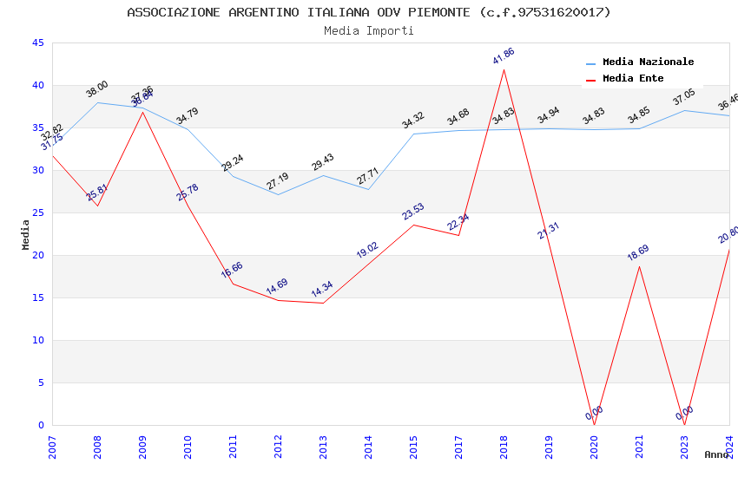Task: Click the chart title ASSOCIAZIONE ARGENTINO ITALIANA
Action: [x=369, y=12]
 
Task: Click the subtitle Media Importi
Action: [x=369, y=30]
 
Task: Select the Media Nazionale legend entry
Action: [x=648, y=62]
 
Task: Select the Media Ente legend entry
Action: [x=633, y=78]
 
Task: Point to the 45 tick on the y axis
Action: [x=37, y=42]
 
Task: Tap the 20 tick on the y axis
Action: [x=37, y=255]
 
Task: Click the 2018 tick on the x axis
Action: [x=504, y=447]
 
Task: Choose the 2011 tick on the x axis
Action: [x=234, y=447]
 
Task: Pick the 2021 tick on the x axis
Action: [x=640, y=447]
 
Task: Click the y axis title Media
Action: [x=26, y=234]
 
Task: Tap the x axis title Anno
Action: [x=716, y=454]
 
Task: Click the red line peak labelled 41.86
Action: [x=504, y=69]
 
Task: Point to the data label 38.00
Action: [x=97, y=88]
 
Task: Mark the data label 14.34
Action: [x=322, y=289]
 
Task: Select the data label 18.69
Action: [x=638, y=253]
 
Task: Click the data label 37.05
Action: [x=684, y=97]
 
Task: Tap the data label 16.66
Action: [x=232, y=269]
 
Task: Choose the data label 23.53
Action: [x=412, y=212]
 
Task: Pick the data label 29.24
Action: [x=233, y=163]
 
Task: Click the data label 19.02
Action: [x=367, y=250]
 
